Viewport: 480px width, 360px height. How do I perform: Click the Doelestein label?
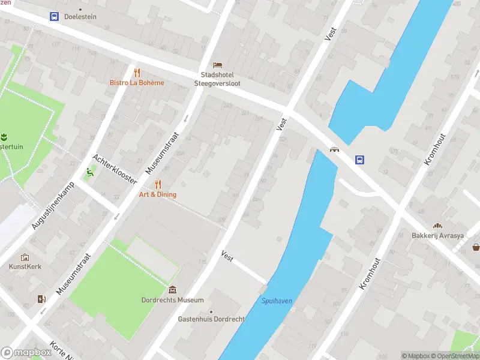80,17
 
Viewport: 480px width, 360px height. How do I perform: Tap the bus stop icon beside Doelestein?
54,17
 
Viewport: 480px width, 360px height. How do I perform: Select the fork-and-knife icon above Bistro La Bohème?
137,72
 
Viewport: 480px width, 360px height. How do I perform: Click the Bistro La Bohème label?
137,83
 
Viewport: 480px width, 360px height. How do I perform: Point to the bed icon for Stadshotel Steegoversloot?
217,65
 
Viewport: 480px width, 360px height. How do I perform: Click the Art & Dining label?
158,194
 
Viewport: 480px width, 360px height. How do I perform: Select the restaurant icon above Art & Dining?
158,184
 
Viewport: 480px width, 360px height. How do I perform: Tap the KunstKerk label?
25,266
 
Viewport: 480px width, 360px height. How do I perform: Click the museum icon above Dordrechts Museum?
173,290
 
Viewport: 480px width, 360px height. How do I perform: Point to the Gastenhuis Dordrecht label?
211,319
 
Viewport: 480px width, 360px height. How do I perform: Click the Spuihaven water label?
277,301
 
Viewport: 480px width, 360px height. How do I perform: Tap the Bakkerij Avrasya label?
437,236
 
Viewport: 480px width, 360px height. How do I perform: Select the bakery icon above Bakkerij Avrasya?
437,225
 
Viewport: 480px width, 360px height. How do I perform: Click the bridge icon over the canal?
333,149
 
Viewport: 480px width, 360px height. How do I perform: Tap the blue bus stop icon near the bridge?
360,160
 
